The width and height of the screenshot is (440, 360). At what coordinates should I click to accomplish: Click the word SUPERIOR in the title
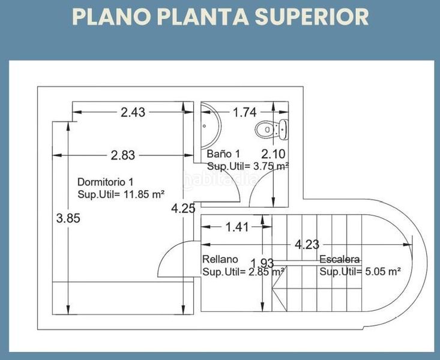coord(312,17)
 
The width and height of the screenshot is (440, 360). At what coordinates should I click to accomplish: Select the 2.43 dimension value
coord(133,112)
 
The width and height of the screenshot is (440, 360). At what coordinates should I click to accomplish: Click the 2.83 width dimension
coord(123,155)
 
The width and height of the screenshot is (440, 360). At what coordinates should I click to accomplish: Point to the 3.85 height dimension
coord(68,218)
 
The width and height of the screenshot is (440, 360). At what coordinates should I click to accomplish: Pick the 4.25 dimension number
coord(183,208)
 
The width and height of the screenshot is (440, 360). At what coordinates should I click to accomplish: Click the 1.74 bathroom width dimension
coord(245,112)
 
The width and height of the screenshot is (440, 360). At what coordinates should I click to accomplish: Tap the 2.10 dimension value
coord(273,154)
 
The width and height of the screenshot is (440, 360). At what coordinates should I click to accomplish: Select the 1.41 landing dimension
coord(237,227)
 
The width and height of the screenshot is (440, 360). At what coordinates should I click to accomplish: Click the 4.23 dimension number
coord(307,245)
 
